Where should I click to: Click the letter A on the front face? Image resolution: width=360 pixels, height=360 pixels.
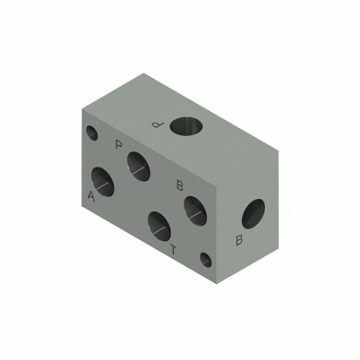coord(92,197)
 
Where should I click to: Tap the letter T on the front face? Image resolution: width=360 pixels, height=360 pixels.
coord(174,251)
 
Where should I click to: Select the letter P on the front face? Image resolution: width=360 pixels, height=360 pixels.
coord(118,145)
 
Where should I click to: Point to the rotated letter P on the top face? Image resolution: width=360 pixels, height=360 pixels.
coord(157,123)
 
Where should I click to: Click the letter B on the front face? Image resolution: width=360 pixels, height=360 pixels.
coord(179,186)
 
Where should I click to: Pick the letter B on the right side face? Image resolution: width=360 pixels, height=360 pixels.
coord(238,240)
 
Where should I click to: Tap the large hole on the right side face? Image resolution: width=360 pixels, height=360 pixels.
coord(253,213)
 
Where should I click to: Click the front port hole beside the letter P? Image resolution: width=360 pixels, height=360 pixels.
coord(138,163)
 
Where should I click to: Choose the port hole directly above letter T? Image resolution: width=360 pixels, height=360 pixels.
coord(159,226)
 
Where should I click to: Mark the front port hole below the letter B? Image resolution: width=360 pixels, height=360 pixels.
coord(194,209)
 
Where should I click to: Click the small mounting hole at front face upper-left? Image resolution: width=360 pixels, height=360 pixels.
coord(91,133)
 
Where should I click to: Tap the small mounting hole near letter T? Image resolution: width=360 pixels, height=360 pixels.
coord(206,259)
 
